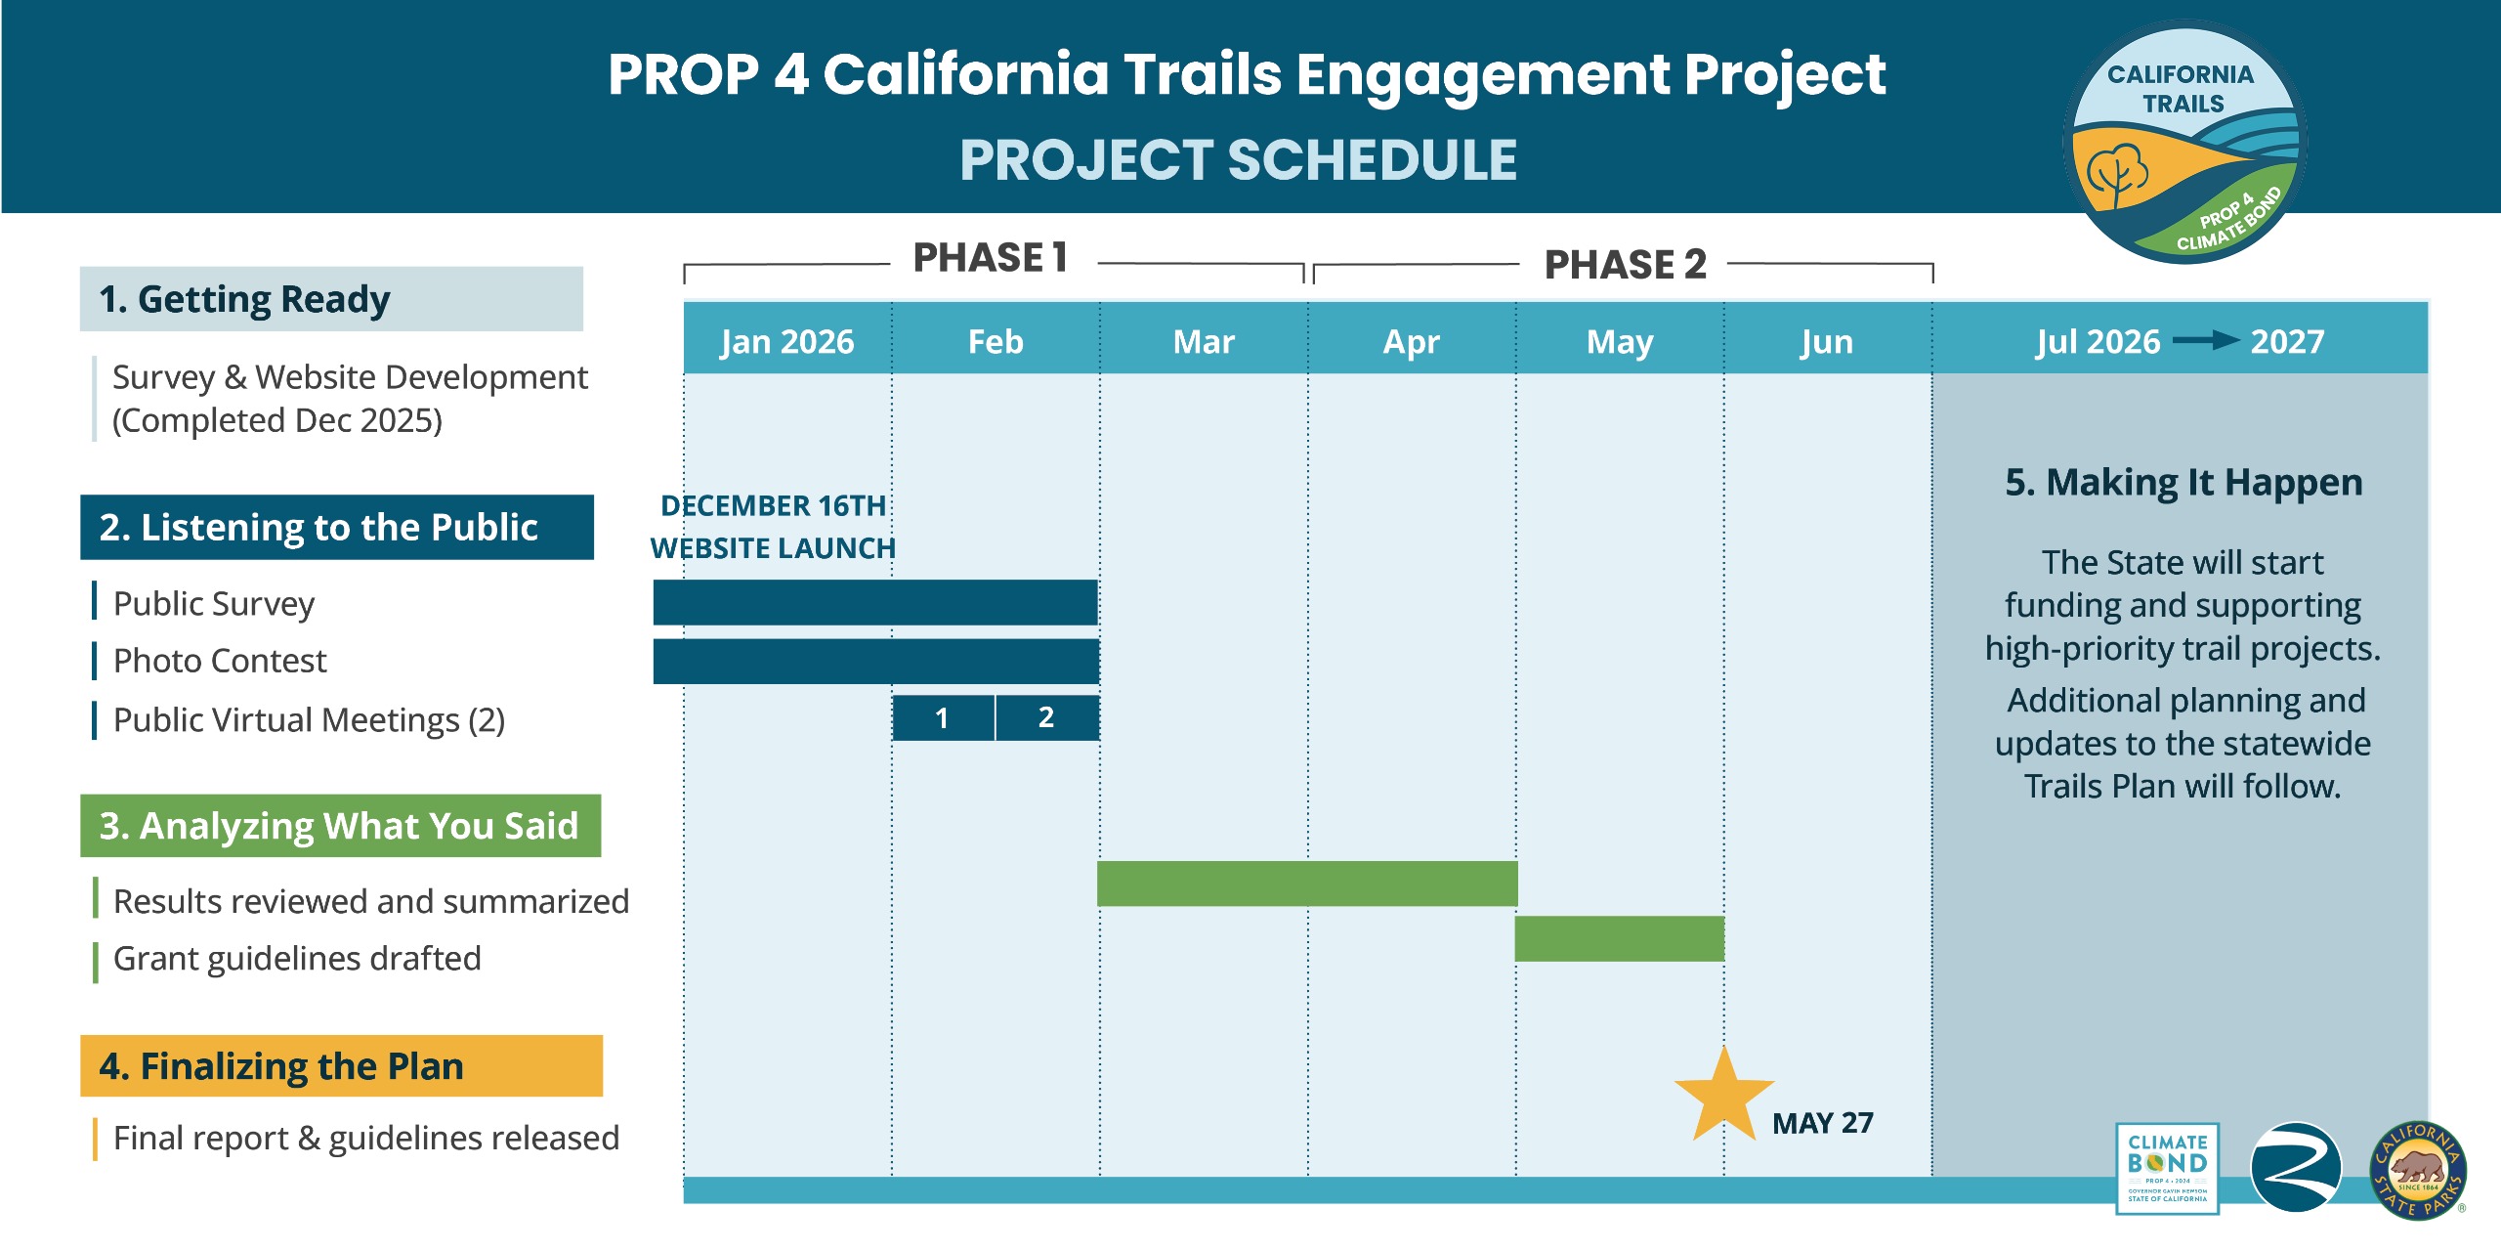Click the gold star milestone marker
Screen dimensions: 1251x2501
coord(1724,1096)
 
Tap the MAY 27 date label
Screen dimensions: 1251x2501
coord(1823,1123)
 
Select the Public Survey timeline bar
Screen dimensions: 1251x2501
coord(875,602)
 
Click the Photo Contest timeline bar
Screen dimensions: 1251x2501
coord(875,662)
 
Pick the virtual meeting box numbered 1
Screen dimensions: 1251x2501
coord(943,718)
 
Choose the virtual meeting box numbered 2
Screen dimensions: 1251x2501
coord(1046,718)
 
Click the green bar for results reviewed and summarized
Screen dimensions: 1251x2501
coord(1307,884)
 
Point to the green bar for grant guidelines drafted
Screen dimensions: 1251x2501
coord(1619,938)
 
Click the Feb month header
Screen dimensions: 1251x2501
coord(996,341)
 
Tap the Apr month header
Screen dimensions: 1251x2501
coord(1412,341)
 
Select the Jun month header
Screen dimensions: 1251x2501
coord(1827,341)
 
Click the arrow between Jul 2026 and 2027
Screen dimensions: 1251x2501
coord(2206,340)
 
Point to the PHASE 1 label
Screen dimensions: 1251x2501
coord(990,258)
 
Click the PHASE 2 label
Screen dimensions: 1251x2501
coord(1625,265)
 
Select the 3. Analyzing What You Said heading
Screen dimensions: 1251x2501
coord(340,826)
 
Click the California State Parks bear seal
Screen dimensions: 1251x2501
coord(2418,1170)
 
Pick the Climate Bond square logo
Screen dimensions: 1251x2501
coord(2167,1168)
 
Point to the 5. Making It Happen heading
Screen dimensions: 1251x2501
coord(2183,483)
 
